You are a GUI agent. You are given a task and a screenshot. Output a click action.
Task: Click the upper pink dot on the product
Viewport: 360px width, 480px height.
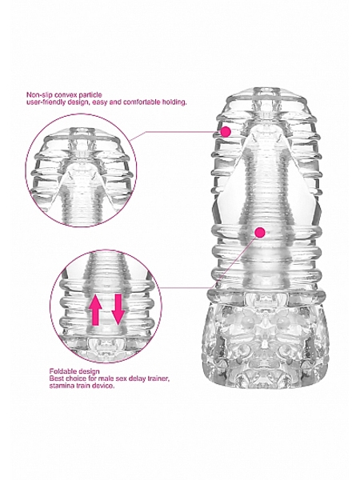click(226, 132)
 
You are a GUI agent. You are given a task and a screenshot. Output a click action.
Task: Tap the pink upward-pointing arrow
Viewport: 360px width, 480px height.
click(95, 309)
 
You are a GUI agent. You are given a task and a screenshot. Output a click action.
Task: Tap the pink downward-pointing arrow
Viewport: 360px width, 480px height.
click(118, 309)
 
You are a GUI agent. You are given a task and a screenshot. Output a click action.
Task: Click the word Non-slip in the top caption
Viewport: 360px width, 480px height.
click(37, 95)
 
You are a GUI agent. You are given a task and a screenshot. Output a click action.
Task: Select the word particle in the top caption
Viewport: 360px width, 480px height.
click(91, 95)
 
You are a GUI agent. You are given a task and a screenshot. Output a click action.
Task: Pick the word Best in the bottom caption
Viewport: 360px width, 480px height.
click(56, 378)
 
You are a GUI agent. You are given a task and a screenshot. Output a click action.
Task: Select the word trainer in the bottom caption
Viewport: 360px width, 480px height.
click(158, 378)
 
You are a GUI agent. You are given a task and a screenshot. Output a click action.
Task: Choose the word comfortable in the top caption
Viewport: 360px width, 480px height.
click(146, 102)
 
